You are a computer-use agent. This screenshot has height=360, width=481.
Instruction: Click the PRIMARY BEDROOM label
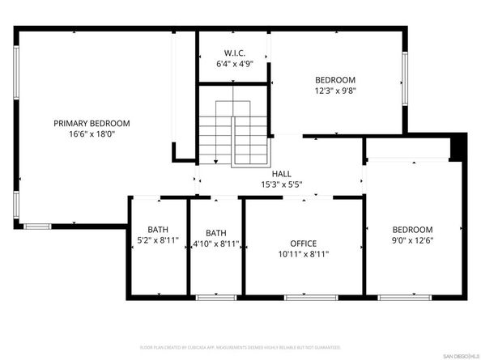(x=92, y=123)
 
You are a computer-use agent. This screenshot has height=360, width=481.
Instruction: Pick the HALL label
(x=281, y=173)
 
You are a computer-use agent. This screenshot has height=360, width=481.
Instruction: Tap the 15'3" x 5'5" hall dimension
(x=281, y=184)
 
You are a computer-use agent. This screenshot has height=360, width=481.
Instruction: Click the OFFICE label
(x=304, y=243)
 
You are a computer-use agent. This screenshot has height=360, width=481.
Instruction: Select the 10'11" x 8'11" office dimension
(x=304, y=254)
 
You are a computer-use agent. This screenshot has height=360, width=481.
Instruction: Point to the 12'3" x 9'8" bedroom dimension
(x=335, y=91)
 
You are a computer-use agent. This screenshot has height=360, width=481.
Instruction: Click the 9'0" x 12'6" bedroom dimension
(x=412, y=240)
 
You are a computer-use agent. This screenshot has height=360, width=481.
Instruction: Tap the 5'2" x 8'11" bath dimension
(x=158, y=243)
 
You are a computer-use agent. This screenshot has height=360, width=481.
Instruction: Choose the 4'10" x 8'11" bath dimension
(x=215, y=243)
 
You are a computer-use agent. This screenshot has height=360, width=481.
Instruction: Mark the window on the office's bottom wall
(x=311, y=298)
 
